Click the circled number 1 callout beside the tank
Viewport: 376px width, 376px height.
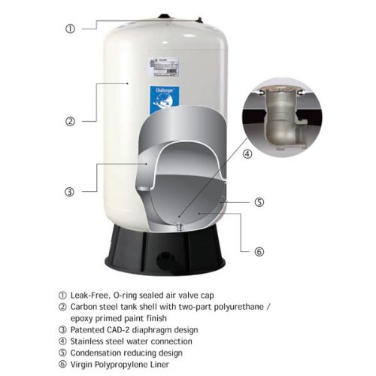point(69,29)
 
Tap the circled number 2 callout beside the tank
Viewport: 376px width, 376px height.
point(69,120)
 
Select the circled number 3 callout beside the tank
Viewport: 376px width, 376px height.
point(69,192)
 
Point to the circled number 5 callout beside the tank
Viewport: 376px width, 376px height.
point(259,202)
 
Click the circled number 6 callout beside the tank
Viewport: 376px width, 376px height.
point(259,251)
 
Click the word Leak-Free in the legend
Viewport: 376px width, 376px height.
point(90,295)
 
